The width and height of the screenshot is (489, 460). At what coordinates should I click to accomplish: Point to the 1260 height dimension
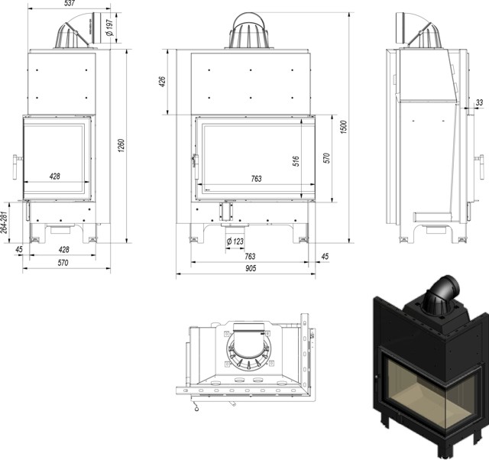pyautogui.click(x=121, y=144)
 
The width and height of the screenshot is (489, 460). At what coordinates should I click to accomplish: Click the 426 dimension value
pyautogui.click(x=162, y=82)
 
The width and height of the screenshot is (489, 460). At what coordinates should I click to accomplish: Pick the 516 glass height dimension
pyautogui.click(x=295, y=160)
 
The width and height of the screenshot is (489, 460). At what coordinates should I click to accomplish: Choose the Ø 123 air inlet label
pyautogui.click(x=235, y=243)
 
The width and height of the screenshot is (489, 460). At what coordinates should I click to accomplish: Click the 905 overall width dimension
pyautogui.click(x=251, y=268)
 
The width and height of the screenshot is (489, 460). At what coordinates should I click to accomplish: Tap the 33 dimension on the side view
pyautogui.click(x=479, y=102)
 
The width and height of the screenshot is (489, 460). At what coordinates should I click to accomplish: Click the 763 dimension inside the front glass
pyautogui.click(x=255, y=179)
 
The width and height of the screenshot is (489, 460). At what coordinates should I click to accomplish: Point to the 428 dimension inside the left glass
pyautogui.click(x=55, y=177)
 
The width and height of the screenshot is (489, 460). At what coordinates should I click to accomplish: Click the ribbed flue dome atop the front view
pyautogui.click(x=249, y=31)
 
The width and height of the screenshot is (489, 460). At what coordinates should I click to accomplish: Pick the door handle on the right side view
pyautogui.click(x=479, y=160)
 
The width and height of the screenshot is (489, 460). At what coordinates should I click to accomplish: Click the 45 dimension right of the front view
pyautogui.click(x=324, y=256)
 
